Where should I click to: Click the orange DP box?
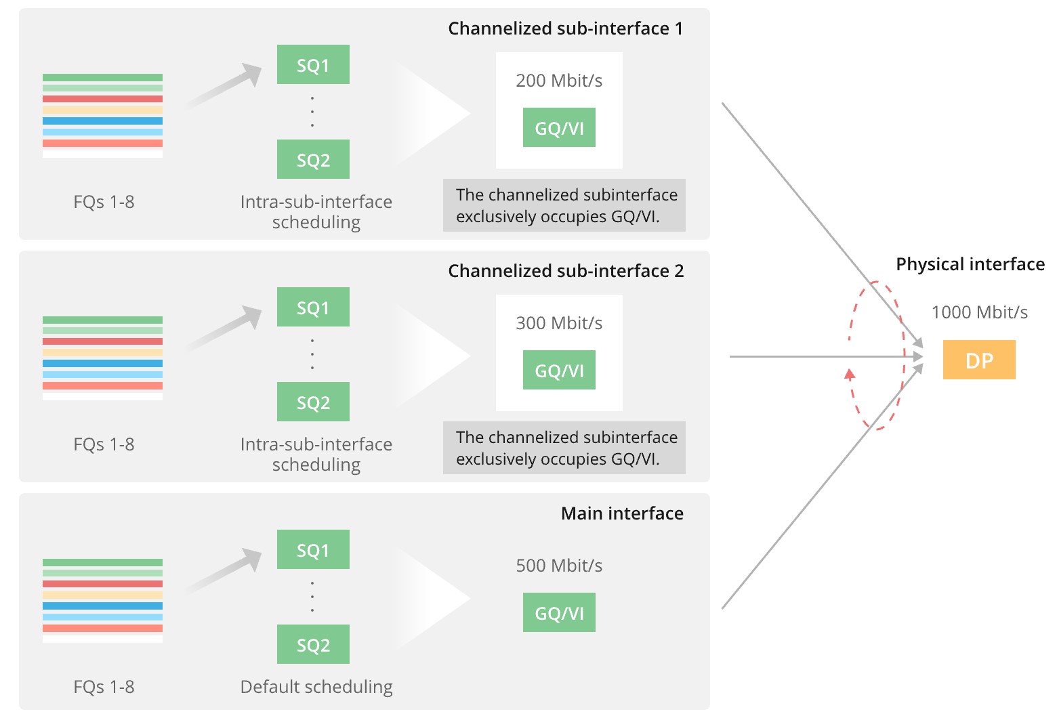[x=978, y=360]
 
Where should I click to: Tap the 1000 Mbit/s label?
[x=979, y=312]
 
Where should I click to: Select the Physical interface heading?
[x=970, y=264]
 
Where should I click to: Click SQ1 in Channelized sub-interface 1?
[x=313, y=65]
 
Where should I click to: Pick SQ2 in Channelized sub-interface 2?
[x=313, y=402]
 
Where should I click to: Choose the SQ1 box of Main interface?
[x=313, y=550]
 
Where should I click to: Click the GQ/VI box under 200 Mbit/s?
[x=559, y=128]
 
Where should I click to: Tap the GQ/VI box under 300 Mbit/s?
[x=559, y=371]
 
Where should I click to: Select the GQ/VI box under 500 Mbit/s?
[x=559, y=613]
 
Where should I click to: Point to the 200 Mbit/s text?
[x=559, y=81]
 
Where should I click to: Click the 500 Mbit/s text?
[x=559, y=566]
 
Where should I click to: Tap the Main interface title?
[x=622, y=513]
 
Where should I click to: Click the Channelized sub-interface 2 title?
[x=566, y=271]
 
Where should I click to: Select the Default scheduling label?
[x=316, y=687]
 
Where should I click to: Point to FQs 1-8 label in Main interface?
[x=104, y=687]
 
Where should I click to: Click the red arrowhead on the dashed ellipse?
[x=850, y=373]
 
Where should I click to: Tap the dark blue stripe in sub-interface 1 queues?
[x=102, y=121]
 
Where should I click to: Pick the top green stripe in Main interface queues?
[x=102, y=562]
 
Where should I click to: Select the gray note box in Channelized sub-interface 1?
[x=564, y=205]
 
